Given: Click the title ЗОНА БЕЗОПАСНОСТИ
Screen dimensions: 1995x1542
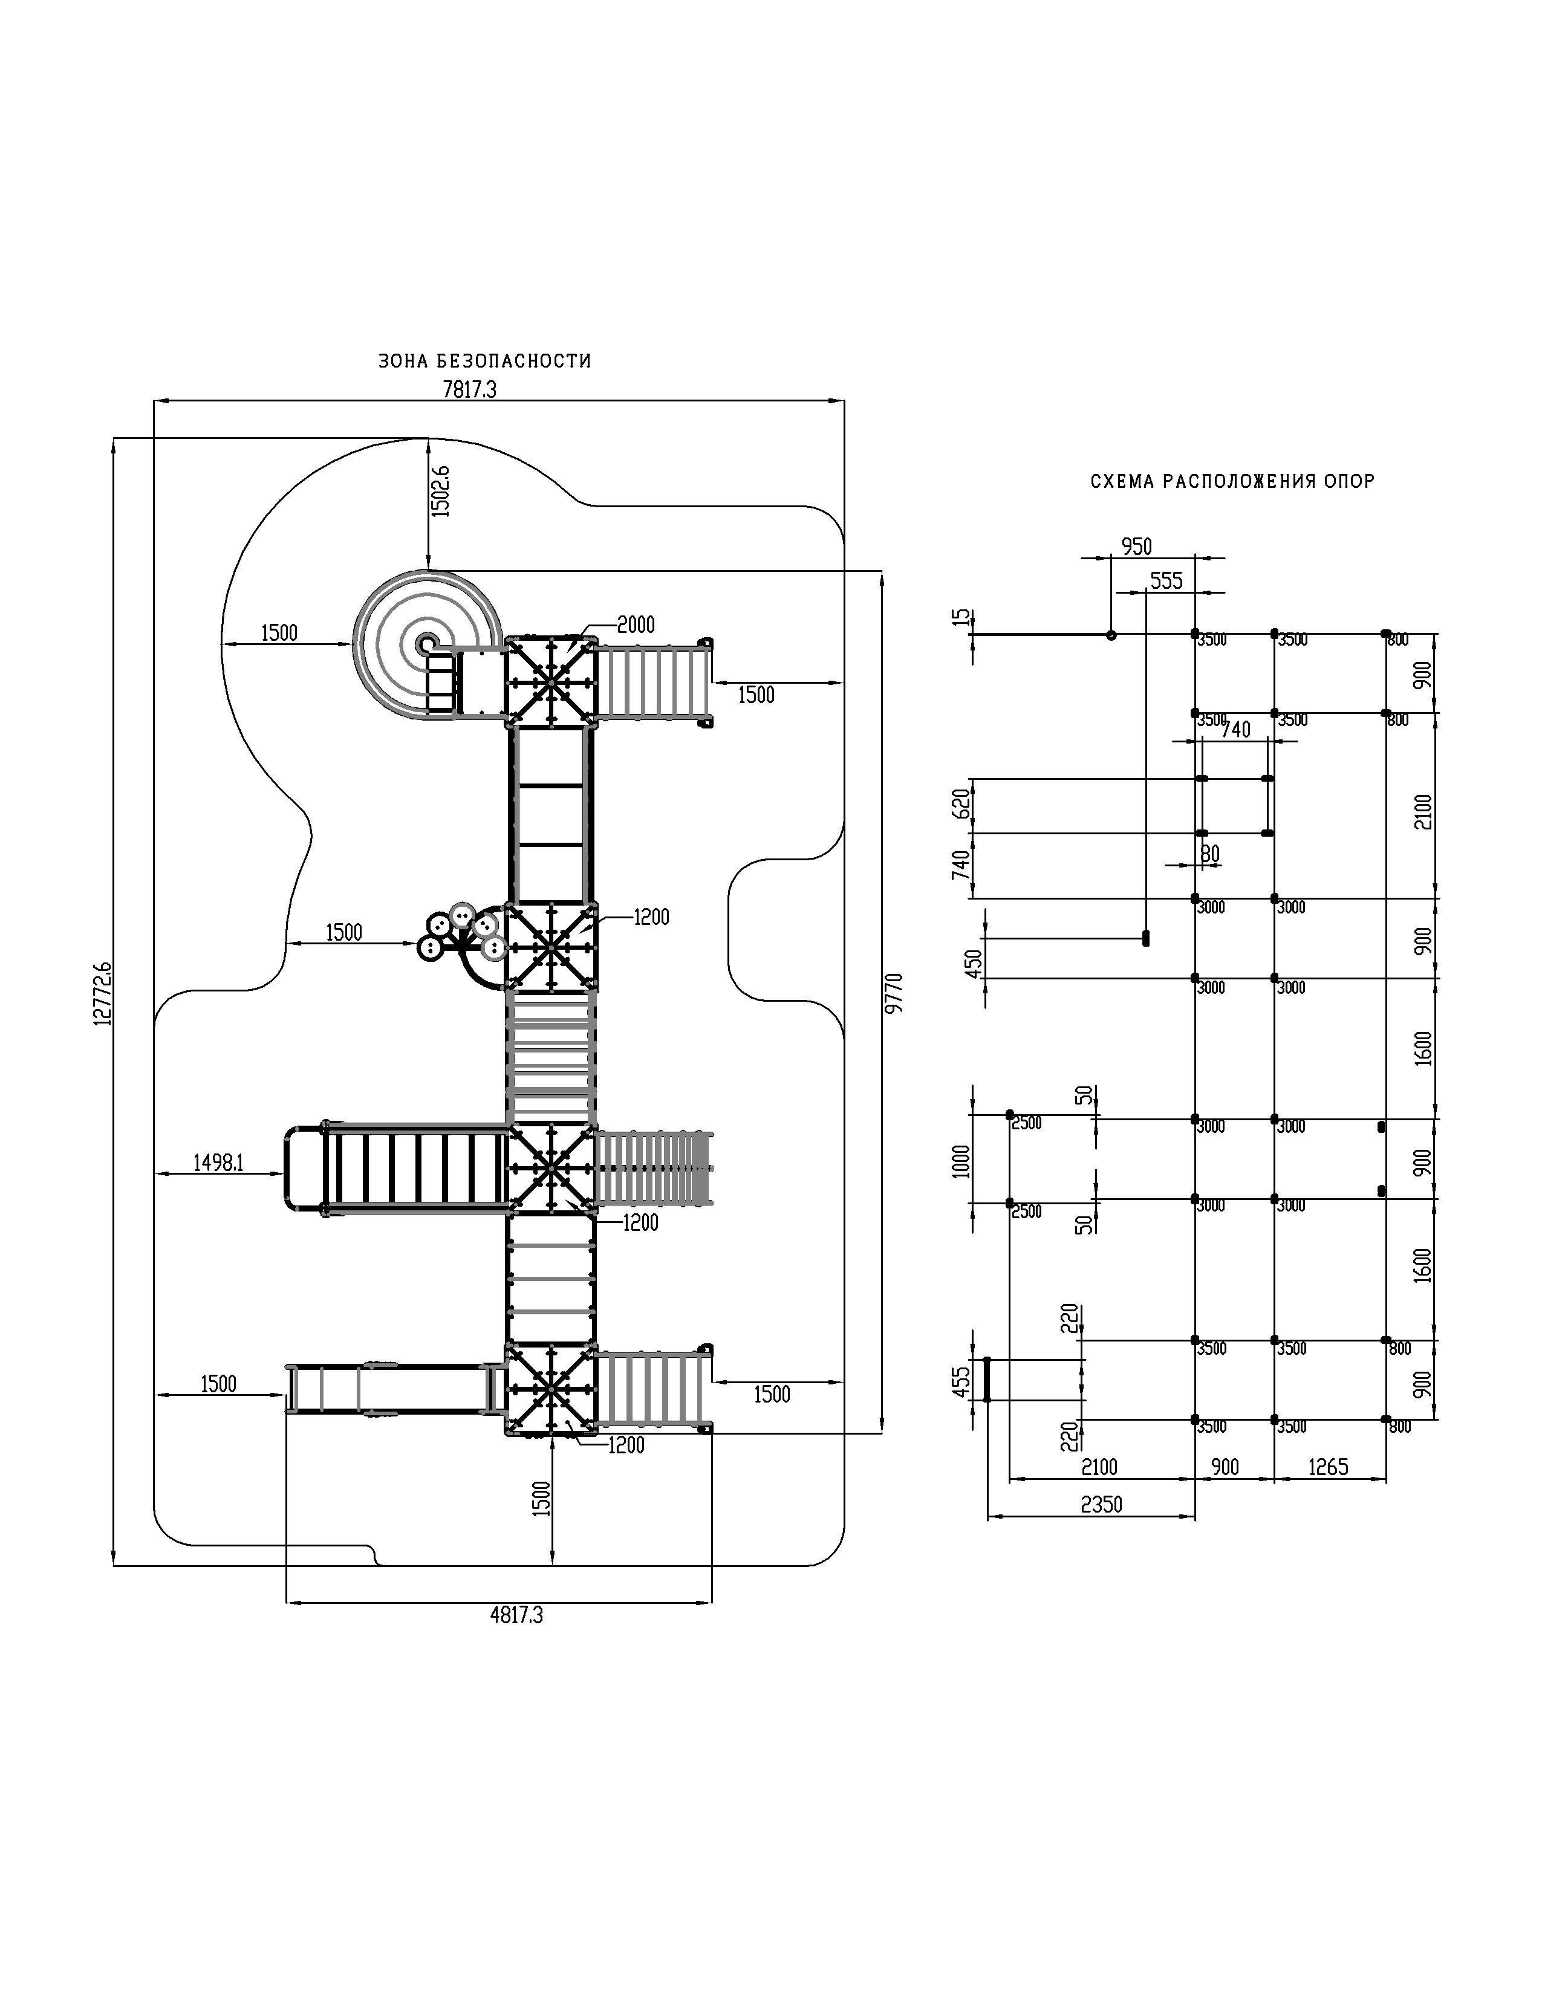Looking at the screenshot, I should [484, 361].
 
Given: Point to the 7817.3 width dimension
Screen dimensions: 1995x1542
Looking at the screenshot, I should [469, 389].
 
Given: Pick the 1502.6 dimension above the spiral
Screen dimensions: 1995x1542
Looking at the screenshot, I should [441, 491].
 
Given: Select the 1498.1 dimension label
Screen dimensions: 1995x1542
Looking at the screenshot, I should [218, 1163].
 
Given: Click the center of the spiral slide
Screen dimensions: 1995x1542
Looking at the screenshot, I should [426, 644].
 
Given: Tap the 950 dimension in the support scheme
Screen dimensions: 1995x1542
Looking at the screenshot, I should [1136, 547].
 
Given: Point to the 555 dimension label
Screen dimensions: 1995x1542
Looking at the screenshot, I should [1166, 581].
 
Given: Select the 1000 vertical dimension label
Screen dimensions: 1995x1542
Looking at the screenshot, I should [961, 1161].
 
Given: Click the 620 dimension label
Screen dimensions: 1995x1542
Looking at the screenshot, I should [961, 804].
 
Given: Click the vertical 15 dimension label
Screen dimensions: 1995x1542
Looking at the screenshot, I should [958, 617].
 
